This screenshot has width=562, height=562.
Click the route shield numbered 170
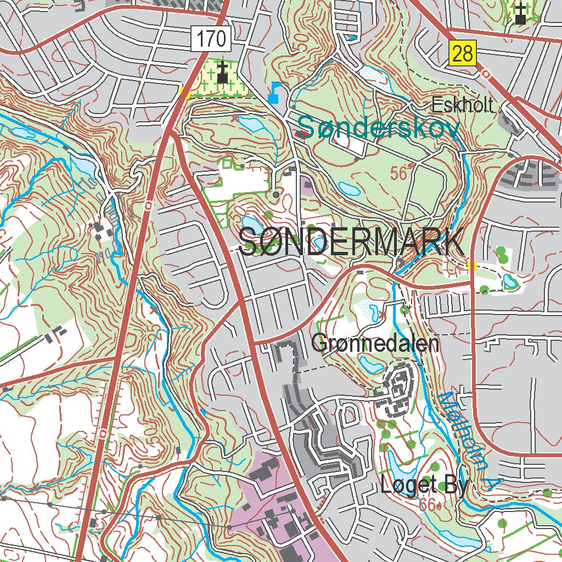click(211, 40)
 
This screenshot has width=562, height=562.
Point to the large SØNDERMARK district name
click(351, 243)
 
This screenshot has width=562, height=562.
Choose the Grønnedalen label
click(375, 344)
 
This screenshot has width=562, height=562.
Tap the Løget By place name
click(424, 485)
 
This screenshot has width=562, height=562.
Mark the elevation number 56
click(401, 174)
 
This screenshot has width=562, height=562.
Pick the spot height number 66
click(429, 504)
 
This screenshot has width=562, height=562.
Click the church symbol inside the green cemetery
click(222, 74)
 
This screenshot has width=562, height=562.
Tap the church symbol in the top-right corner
click(520, 13)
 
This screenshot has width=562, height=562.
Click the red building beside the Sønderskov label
click(301, 133)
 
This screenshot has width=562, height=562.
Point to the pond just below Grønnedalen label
click(367, 362)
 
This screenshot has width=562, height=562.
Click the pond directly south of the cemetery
click(250, 124)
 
